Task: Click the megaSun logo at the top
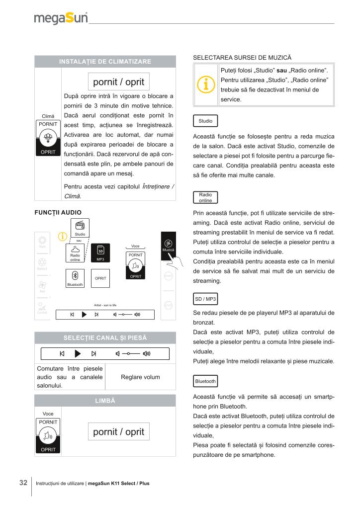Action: click(x=61, y=18)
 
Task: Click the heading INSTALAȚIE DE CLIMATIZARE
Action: click(x=105, y=61)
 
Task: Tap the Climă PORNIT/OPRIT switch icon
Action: click(x=48, y=138)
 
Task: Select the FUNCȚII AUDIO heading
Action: click(x=58, y=212)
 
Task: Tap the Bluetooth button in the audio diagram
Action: click(x=75, y=278)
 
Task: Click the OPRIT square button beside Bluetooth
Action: click(x=100, y=278)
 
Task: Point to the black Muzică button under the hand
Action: click(x=169, y=246)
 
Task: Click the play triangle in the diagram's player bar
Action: click(x=84, y=314)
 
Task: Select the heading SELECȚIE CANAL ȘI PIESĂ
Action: click(x=105, y=338)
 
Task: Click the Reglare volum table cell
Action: click(x=141, y=377)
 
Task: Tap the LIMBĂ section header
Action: click(x=105, y=401)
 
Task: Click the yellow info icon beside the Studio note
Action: click(x=205, y=85)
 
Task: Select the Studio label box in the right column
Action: click(x=205, y=121)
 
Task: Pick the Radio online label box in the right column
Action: click(x=205, y=198)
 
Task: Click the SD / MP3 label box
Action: click(x=205, y=299)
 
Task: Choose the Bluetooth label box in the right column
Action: click(x=205, y=381)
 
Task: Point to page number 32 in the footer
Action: click(x=23, y=483)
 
